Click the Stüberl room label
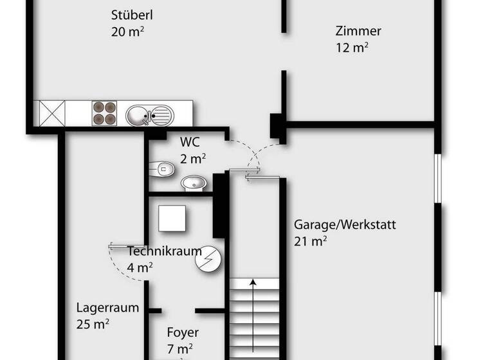point(132,15)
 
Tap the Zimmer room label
point(358,31)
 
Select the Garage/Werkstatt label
point(345,224)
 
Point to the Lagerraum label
point(107,307)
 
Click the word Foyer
point(183,333)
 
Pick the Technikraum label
point(165,251)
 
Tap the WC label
point(190,141)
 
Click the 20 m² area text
point(127,32)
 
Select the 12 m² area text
point(352,48)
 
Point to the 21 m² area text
point(311,241)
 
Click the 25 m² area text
point(93,324)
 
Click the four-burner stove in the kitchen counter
point(105,113)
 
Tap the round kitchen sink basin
point(137,116)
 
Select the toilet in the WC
point(162,169)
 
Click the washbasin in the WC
point(194,184)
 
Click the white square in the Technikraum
point(172,219)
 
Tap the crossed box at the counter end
point(52,113)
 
